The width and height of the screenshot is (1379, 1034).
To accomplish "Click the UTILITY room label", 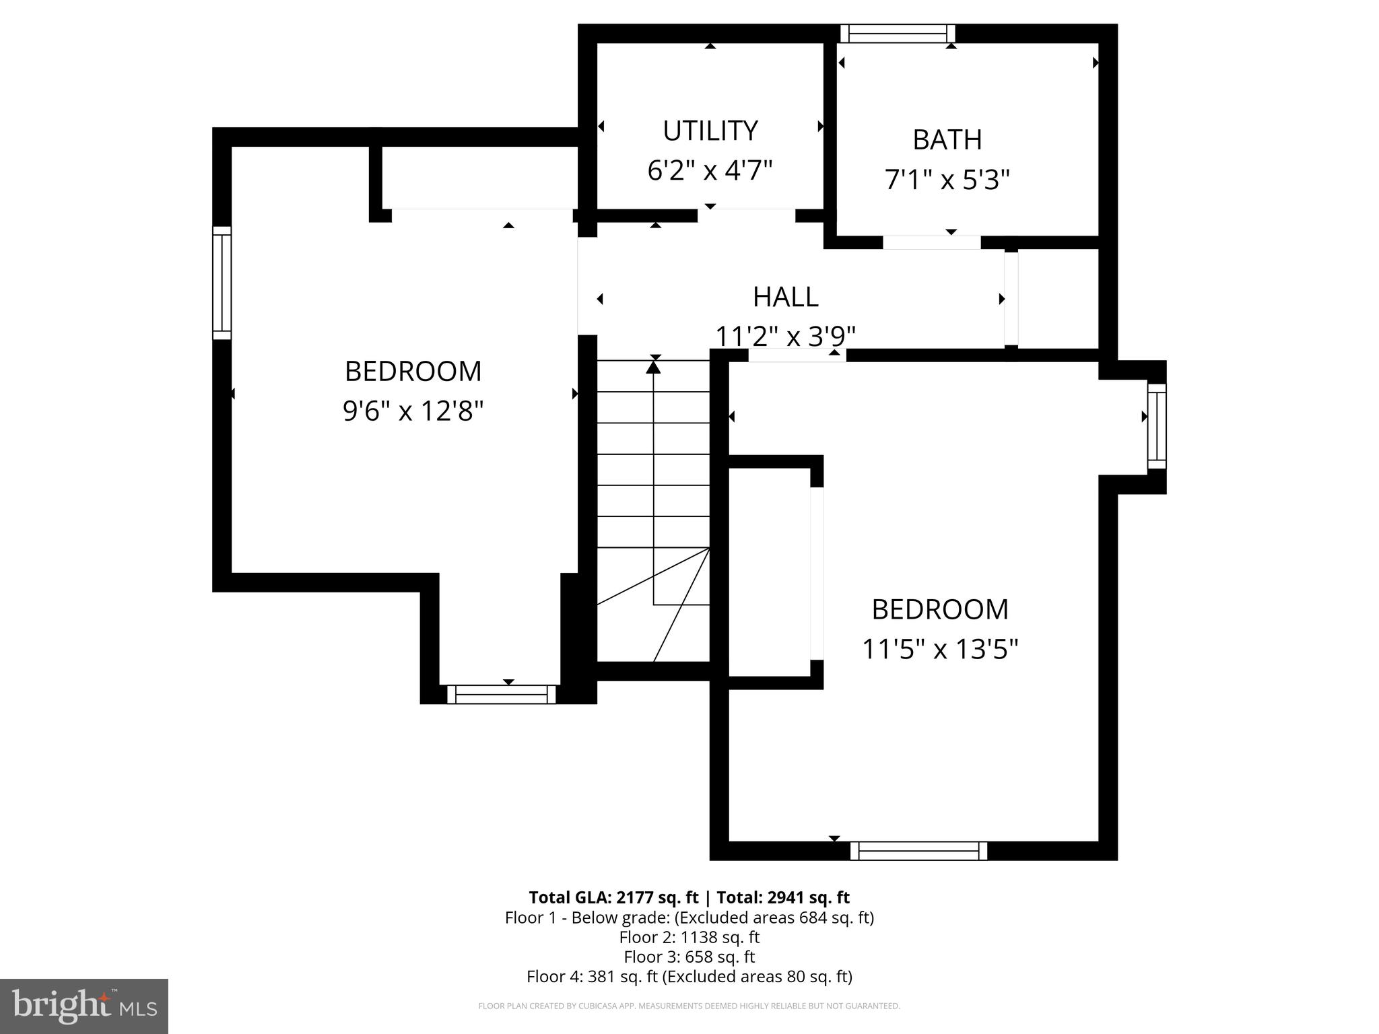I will (710, 131).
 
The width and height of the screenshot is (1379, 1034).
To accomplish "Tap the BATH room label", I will (947, 140).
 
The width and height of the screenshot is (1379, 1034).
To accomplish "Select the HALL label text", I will (785, 297).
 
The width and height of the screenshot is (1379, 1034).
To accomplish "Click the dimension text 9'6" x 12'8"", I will (413, 410).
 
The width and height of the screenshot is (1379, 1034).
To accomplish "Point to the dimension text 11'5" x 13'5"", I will (940, 650).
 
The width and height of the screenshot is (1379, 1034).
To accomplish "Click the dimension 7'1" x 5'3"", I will (947, 180).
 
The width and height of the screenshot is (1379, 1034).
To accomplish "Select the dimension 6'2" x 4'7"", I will (710, 170).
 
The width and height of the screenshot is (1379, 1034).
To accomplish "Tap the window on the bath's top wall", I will (898, 34).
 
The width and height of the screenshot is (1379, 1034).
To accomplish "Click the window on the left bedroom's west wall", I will (222, 283).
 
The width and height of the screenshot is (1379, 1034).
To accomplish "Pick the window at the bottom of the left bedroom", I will (501, 694).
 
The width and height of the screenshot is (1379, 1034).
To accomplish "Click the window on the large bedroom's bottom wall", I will (918, 851).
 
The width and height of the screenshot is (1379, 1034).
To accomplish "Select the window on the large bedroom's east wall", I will (1157, 426).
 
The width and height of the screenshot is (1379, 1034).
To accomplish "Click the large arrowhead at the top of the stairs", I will (653, 367).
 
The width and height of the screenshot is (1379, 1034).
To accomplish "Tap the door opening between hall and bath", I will (931, 243).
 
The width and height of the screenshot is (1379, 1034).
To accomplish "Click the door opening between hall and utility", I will (746, 215).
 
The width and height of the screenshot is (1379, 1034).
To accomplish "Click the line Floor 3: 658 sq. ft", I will (689, 957).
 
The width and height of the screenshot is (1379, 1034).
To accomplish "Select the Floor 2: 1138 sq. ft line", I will (689, 937).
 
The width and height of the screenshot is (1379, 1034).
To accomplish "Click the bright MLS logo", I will (83, 1006).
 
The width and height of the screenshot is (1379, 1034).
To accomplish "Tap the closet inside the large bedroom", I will (769, 572).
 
